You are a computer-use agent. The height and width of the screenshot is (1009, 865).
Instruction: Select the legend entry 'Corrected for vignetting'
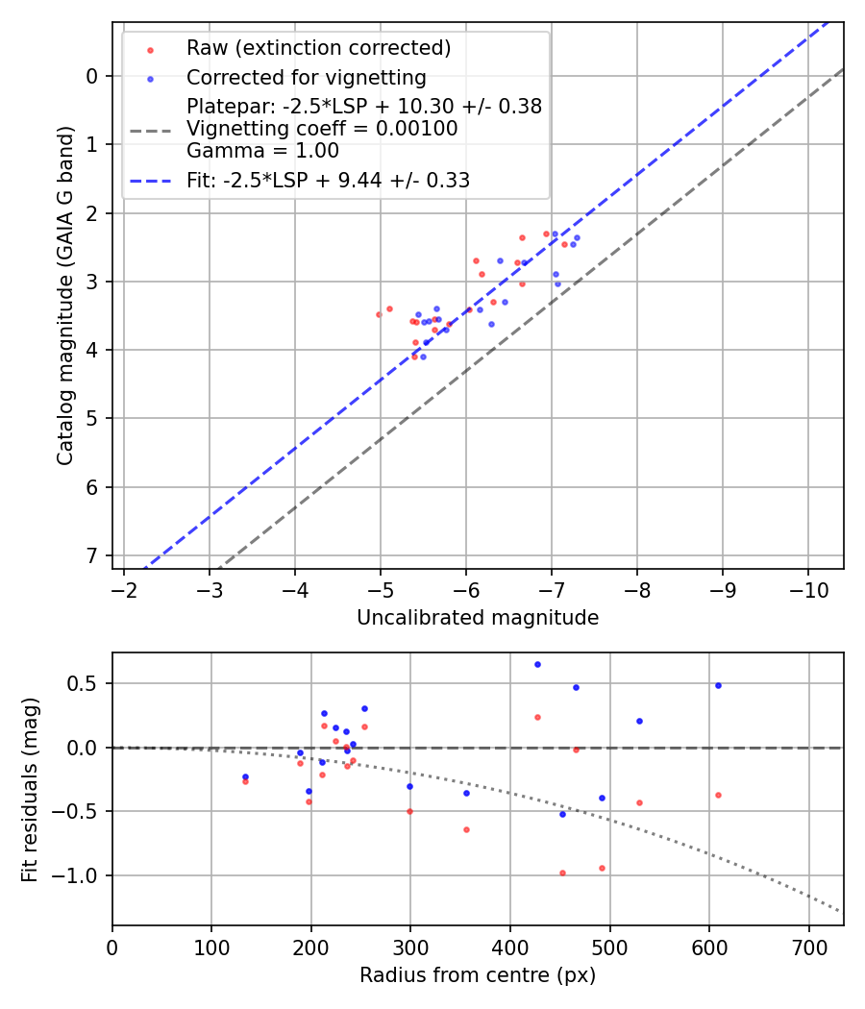click(306, 77)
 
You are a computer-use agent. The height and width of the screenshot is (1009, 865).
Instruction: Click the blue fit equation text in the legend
click(328, 181)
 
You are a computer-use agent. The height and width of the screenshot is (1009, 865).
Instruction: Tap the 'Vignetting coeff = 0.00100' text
click(322, 129)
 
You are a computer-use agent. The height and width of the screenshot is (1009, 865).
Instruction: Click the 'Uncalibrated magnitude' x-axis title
click(478, 618)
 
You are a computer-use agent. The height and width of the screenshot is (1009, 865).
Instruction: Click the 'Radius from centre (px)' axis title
click(478, 975)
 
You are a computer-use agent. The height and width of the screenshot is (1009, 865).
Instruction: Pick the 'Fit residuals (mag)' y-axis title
click(30, 788)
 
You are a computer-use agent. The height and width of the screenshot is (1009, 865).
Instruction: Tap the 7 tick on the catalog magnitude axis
click(92, 556)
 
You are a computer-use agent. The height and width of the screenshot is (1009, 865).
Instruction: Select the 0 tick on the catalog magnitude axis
click(92, 76)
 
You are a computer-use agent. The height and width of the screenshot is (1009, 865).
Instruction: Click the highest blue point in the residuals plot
click(537, 664)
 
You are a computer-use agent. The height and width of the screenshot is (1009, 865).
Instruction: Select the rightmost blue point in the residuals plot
click(718, 685)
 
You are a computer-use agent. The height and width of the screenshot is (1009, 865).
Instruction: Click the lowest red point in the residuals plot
click(562, 873)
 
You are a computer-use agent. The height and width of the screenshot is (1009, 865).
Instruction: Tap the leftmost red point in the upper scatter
click(379, 314)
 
